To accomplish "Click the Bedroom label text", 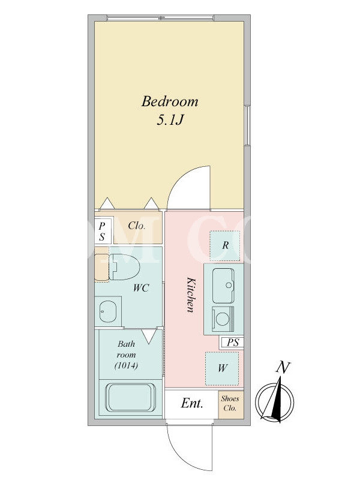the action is click(x=170, y=101).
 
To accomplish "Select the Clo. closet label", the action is click(x=136, y=226).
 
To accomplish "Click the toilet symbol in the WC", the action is click(x=124, y=266).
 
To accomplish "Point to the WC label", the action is click(x=141, y=288).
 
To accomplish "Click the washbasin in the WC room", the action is click(x=108, y=311).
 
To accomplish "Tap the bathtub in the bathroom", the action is click(x=130, y=398).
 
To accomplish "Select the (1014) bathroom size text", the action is click(x=126, y=365).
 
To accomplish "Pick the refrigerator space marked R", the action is click(x=225, y=245).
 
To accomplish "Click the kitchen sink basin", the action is click(x=223, y=285).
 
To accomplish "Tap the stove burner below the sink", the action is click(x=223, y=319).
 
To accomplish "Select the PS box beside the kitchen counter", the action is click(x=232, y=342).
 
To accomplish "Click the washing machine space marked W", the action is click(x=222, y=368).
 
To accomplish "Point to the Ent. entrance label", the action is click(x=192, y=403).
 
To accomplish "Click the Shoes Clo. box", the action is click(x=231, y=404).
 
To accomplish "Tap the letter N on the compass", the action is click(x=283, y=367).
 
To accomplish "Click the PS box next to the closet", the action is click(x=102, y=232).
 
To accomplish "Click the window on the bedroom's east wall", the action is click(x=247, y=125).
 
